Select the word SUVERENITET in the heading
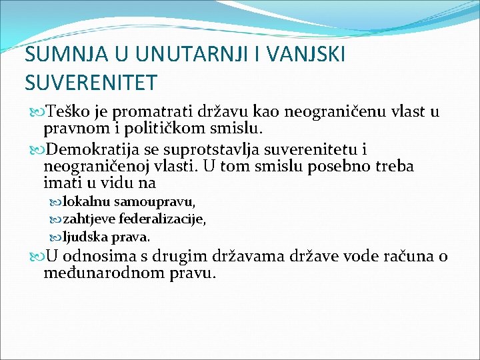[91, 83]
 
